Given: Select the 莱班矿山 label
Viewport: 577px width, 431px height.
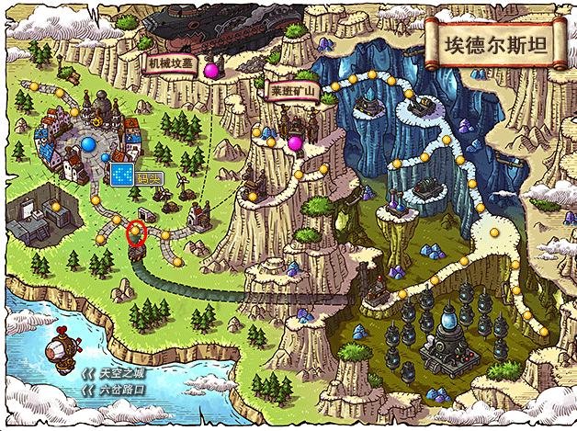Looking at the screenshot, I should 292,93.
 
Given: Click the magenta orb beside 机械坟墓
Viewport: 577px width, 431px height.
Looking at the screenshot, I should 211,69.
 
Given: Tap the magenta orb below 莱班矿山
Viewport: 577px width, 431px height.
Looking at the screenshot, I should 295,143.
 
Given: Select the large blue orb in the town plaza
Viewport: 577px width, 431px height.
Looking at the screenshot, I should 89,143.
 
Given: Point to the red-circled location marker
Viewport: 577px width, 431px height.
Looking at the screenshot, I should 136,233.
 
